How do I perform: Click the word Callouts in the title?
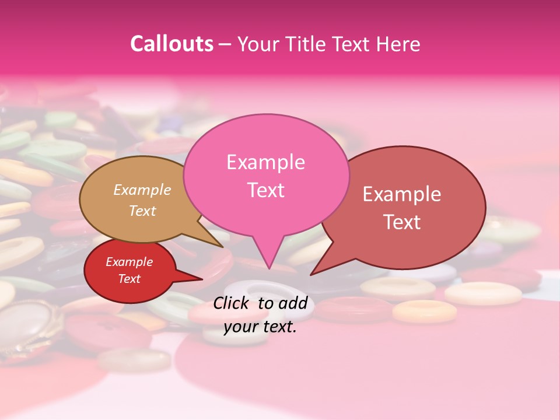[x=171, y=44]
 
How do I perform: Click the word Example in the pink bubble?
[x=265, y=162]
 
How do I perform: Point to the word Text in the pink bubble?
[x=265, y=190]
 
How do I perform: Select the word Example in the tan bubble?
[x=142, y=190]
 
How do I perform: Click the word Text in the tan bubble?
[x=142, y=211]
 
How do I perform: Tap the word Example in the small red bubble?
[x=129, y=262]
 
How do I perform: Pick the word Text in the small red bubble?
[x=129, y=279]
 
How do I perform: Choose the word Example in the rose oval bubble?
[x=402, y=194]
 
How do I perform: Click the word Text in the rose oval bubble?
[x=402, y=222]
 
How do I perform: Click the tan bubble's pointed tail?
[x=220, y=246]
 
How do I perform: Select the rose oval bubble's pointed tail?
[x=313, y=273]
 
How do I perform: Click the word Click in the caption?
[x=232, y=303]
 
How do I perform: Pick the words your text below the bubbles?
[x=260, y=327]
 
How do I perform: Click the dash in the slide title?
[x=225, y=44]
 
